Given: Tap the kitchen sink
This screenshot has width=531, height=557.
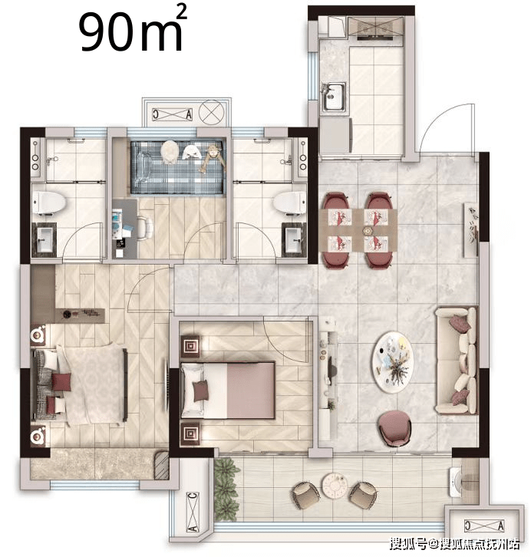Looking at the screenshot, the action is click(334, 96).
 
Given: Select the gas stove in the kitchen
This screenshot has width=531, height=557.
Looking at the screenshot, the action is click(375, 28).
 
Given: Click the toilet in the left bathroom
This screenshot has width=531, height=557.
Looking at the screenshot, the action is click(49, 203).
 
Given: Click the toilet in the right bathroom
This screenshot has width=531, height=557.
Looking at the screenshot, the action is click(289, 203).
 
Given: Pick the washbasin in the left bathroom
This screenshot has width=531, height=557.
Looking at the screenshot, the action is click(45, 240).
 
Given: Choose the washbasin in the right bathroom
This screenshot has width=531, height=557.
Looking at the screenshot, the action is click(294, 240).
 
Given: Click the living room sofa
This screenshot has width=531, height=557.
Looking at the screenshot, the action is click(457, 360).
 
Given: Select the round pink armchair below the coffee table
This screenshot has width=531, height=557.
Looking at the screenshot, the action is click(394, 428).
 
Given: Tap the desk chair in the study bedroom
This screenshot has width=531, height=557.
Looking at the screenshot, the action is click(145, 228).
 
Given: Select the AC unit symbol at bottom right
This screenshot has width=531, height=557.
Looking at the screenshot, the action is click(484, 525).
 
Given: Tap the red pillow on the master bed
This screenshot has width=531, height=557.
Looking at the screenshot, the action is click(61, 381).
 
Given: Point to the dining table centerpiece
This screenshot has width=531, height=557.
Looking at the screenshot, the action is click(366, 230).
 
